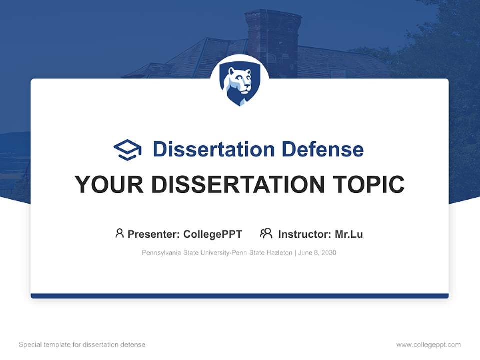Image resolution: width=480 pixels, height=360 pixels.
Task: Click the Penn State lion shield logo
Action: pos(239,84)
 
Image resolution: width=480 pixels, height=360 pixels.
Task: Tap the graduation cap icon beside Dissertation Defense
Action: pos(127,150)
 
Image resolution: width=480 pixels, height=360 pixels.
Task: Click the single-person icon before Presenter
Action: pos(119,233)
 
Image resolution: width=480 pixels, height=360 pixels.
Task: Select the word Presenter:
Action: pos(154,234)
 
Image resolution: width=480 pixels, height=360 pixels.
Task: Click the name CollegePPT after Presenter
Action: pos(213,234)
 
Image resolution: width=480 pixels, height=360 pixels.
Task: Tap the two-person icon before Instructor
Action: pos(266,233)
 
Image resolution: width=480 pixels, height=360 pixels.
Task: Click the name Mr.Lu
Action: pos(349,234)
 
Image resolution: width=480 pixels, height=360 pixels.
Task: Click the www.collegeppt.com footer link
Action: pos(428,345)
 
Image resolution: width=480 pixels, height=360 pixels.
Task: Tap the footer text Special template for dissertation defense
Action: pos(82,345)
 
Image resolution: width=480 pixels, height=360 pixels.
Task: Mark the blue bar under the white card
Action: pos(240,296)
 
